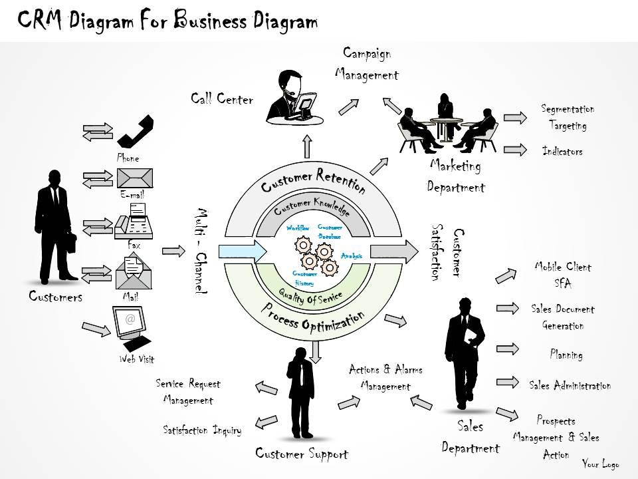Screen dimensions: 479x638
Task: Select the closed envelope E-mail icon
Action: coord(134,178)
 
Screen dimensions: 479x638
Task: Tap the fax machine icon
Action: coord(134,221)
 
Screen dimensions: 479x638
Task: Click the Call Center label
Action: coord(222,100)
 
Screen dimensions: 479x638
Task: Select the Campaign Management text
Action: coord(366,64)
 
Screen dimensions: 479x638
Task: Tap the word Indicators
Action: coord(562,152)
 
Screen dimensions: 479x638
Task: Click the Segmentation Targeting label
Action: coord(568,117)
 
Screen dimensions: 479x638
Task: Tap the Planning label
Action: coord(566,355)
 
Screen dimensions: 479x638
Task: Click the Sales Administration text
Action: coord(570,385)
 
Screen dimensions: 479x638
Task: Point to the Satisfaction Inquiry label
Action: coord(202,430)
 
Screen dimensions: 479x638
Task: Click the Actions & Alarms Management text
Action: coord(385,377)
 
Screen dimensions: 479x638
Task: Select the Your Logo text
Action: coord(601,464)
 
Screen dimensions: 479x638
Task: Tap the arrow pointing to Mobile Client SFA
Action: coord(508,275)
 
